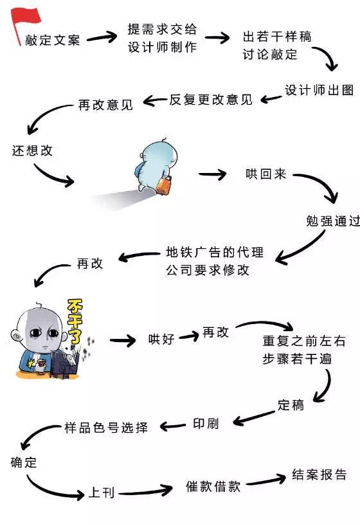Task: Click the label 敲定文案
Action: pyautogui.click(x=53, y=41)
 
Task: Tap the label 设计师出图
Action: pyautogui.click(x=319, y=91)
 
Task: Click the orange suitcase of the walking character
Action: pyautogui.click(x=165, y=185)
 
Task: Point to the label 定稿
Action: pyautogui.click(x=291, y=406)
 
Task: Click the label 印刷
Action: pyautogui.click(x=206, y=424)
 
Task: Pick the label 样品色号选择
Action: pyautogui.click(x=106, y=427)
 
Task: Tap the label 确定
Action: pyautogui.click(x=24, y=462)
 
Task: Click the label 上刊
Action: pyautogui.click(x=101, y=493)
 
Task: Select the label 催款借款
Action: pyautogui.click(x=213, y=486)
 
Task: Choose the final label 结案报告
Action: pyautogui.click(x=319, y=475)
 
